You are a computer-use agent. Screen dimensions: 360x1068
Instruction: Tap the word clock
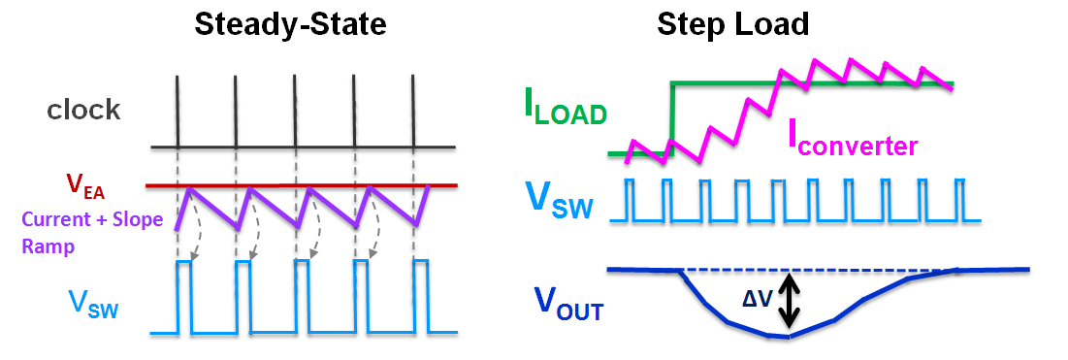click(84, 110)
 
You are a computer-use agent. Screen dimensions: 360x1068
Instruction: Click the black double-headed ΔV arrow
click(791, 298)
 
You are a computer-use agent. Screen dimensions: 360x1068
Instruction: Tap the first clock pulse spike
click(178, 112)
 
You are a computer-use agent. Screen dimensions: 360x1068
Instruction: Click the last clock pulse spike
click(413, 112)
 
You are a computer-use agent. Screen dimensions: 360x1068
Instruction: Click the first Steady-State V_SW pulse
click(183, 297)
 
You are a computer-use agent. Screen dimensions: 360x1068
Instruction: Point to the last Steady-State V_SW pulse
click(420, 297)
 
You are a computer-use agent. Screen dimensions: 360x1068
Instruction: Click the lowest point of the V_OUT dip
click(788, 337)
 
